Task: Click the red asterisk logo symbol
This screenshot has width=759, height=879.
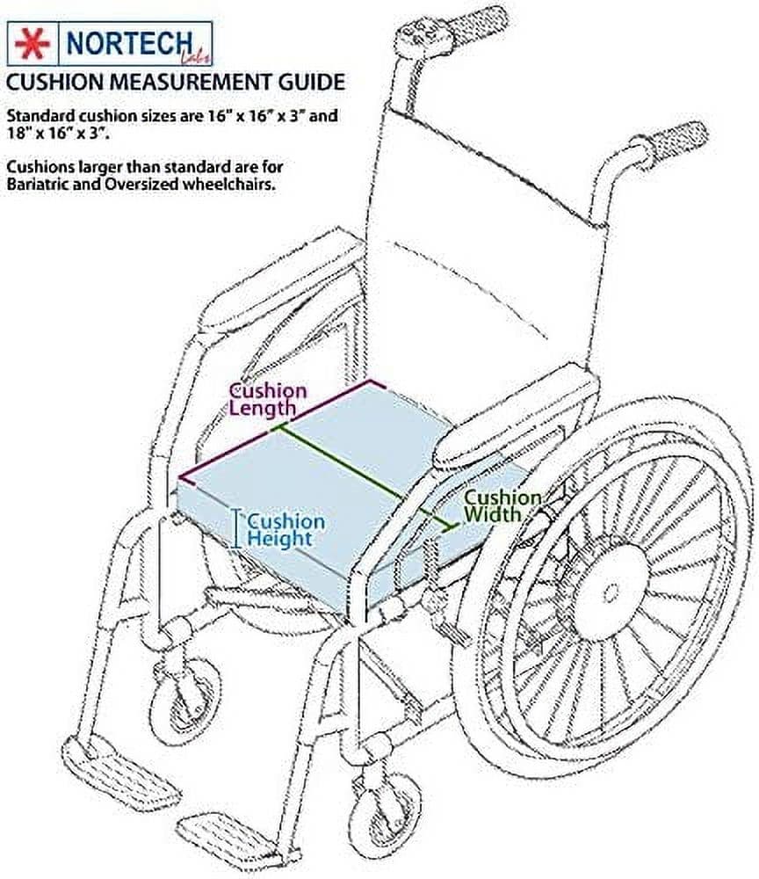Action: [x=33, y=44]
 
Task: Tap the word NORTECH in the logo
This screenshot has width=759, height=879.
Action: [x=129, y=43]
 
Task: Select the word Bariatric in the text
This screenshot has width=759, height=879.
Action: [x=37, y=184]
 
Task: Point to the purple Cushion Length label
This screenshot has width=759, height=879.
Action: [x=268, y=400]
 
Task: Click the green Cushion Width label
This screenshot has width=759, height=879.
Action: [x=502, y=505]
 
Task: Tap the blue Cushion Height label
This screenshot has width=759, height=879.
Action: [x=286, y=530]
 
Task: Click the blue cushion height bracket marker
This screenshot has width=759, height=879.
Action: [x=237, y=528]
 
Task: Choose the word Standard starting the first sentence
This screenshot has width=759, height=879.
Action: [x=40, y=115]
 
